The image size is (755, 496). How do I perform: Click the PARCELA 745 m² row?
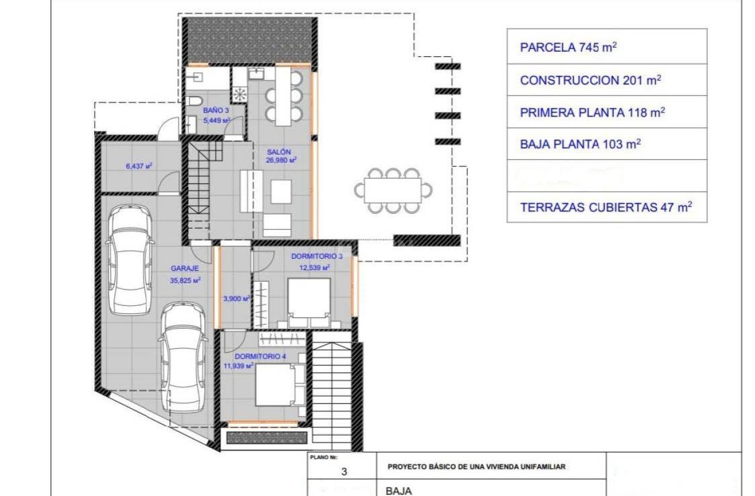(x=568, y=47)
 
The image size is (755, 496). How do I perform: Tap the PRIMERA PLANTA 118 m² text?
(x=592, y=113)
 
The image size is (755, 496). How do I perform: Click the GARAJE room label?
(x=185, y=268)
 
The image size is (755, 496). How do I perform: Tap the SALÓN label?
(x=275, y=152)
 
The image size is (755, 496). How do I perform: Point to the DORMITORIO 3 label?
(x=317, y=256)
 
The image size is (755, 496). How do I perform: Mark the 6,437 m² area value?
(x=138, y=166)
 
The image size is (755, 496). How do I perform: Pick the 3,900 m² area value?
(x=237, y=298)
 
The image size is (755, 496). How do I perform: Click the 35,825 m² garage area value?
(x=185, y=280)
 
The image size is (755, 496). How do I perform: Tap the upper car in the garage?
(x=130, y=262)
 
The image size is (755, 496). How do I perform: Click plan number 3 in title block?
(x=344, y=472)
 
